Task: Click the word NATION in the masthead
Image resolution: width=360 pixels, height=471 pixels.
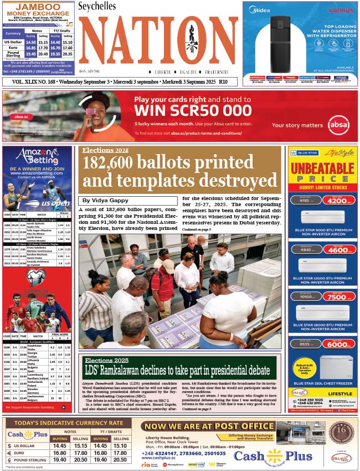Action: tap(158, 42)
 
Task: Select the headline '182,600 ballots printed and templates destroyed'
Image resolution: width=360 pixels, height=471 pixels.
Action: tap(180, 172)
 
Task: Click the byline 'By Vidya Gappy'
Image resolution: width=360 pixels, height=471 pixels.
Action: tap(105, 200)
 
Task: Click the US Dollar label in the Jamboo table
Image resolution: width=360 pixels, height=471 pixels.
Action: tap(13, 42)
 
